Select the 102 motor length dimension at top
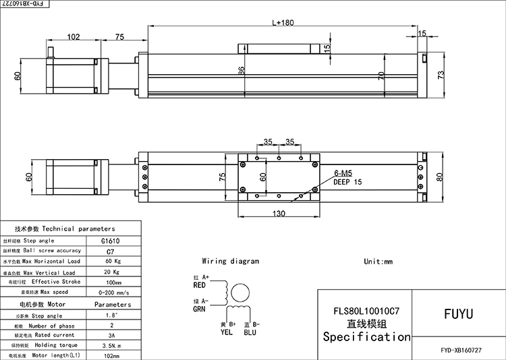75,37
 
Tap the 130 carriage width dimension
277,214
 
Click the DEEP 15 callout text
348,182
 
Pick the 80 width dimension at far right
439,177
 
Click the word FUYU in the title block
459,313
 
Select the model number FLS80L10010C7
364,312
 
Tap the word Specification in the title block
366,336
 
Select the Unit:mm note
378,261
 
